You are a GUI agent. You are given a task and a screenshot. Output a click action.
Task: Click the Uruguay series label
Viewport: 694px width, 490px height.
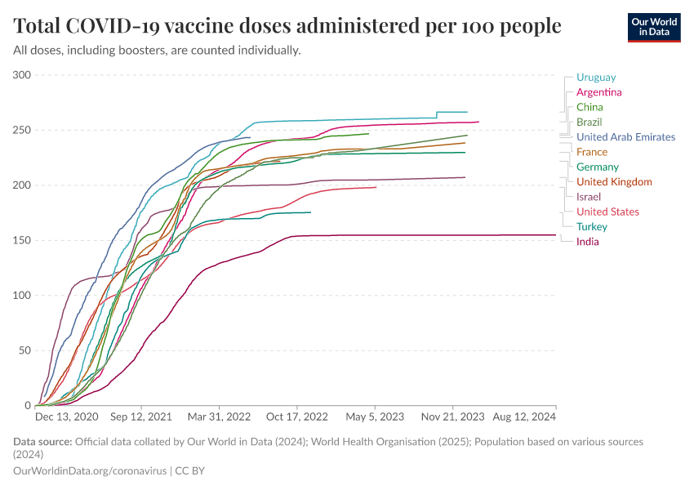click(596, 77)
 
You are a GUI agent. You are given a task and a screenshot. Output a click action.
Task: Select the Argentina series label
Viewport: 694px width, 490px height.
click(598, 92)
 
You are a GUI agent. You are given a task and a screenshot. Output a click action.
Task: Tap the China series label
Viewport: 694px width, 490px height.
click(589, 107)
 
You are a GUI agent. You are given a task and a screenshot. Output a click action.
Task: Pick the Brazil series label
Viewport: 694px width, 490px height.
click(589, 122)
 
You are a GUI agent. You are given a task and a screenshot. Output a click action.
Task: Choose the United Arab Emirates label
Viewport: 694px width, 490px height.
click(625, 137)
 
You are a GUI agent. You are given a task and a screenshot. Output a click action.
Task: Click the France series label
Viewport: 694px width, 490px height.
click(592, 152)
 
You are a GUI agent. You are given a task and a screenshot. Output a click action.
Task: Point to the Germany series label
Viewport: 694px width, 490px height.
click(597, 167)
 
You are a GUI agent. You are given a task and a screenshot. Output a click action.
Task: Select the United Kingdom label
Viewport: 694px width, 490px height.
click(614, 181)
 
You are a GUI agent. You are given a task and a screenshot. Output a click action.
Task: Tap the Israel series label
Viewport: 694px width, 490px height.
click(588, 197)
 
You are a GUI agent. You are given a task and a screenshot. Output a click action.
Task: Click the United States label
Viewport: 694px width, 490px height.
click(607, 212)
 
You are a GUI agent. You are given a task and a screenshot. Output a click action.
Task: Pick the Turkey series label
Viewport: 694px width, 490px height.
click(591, 226)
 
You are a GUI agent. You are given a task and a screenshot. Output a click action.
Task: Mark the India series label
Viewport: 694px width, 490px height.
click(587, 242)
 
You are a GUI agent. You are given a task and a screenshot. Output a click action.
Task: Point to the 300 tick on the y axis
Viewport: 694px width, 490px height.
click(22, 75)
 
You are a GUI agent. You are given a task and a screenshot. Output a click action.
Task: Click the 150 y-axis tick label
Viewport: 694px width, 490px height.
click(22, 240)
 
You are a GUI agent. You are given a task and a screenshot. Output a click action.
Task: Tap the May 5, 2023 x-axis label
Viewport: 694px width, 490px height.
click(376, 416)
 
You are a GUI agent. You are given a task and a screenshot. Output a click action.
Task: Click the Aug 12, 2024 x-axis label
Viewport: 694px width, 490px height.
click(523, 416)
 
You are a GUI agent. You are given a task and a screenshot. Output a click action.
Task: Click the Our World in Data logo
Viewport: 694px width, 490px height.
click(655, 27)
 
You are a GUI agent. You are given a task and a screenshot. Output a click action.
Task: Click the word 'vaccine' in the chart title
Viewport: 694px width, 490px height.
click(204, 26)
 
